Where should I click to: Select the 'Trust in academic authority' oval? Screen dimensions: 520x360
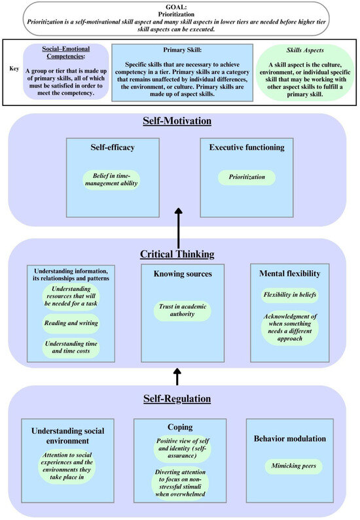[x=183, y=311]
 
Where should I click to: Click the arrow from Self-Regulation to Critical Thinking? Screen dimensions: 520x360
[x=178, y=375]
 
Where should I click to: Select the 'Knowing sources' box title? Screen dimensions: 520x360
[x=183, y=274]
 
